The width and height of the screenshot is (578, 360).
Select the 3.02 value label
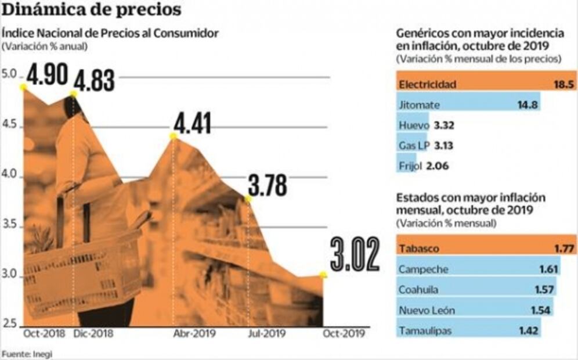355,254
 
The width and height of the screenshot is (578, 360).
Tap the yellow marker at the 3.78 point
248,199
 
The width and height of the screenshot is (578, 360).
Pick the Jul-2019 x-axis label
266,333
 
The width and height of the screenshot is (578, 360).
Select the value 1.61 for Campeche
548,269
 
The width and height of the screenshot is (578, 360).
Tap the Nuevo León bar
474,310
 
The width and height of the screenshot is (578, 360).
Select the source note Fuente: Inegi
23,354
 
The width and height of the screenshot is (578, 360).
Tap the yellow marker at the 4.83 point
73,94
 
